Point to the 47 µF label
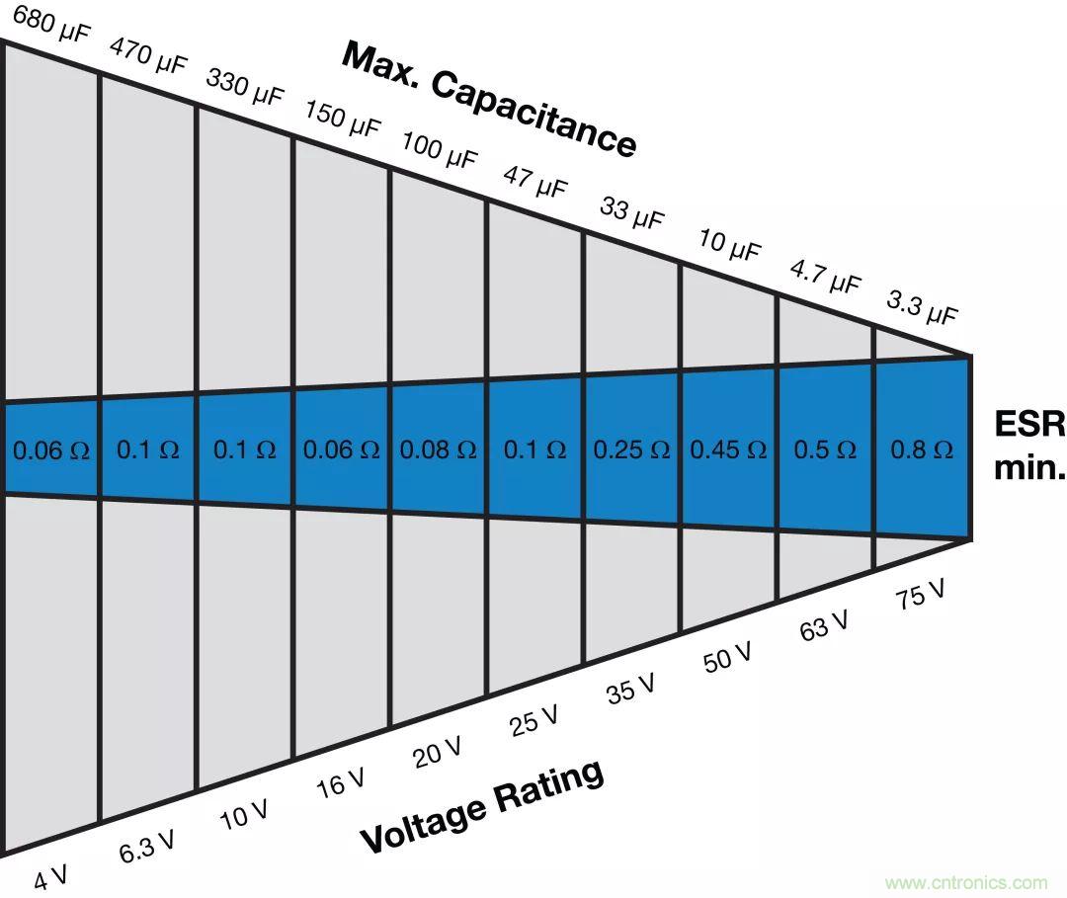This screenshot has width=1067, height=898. [x=535, y=181]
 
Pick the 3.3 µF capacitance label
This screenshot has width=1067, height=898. [x=922, y=306]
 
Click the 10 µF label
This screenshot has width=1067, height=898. [x=729, y=244]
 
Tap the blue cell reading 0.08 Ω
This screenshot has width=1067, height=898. [x=438, y=449]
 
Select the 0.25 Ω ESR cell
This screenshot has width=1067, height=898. [x=631, y=449]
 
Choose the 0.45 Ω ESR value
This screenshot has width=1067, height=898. [x=728, y=449]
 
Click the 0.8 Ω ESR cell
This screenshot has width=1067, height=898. [x=922, y=449]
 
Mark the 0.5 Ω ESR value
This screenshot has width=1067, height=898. [x=825, y=449]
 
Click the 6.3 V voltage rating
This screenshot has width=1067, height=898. [x=147, y=845]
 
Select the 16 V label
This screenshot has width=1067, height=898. [x=340, y=782]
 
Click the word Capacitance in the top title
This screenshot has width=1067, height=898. [x=533, y=113]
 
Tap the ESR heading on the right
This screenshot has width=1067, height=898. [x=1028, y=424]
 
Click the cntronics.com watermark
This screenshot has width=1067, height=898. [x=965, y=882]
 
